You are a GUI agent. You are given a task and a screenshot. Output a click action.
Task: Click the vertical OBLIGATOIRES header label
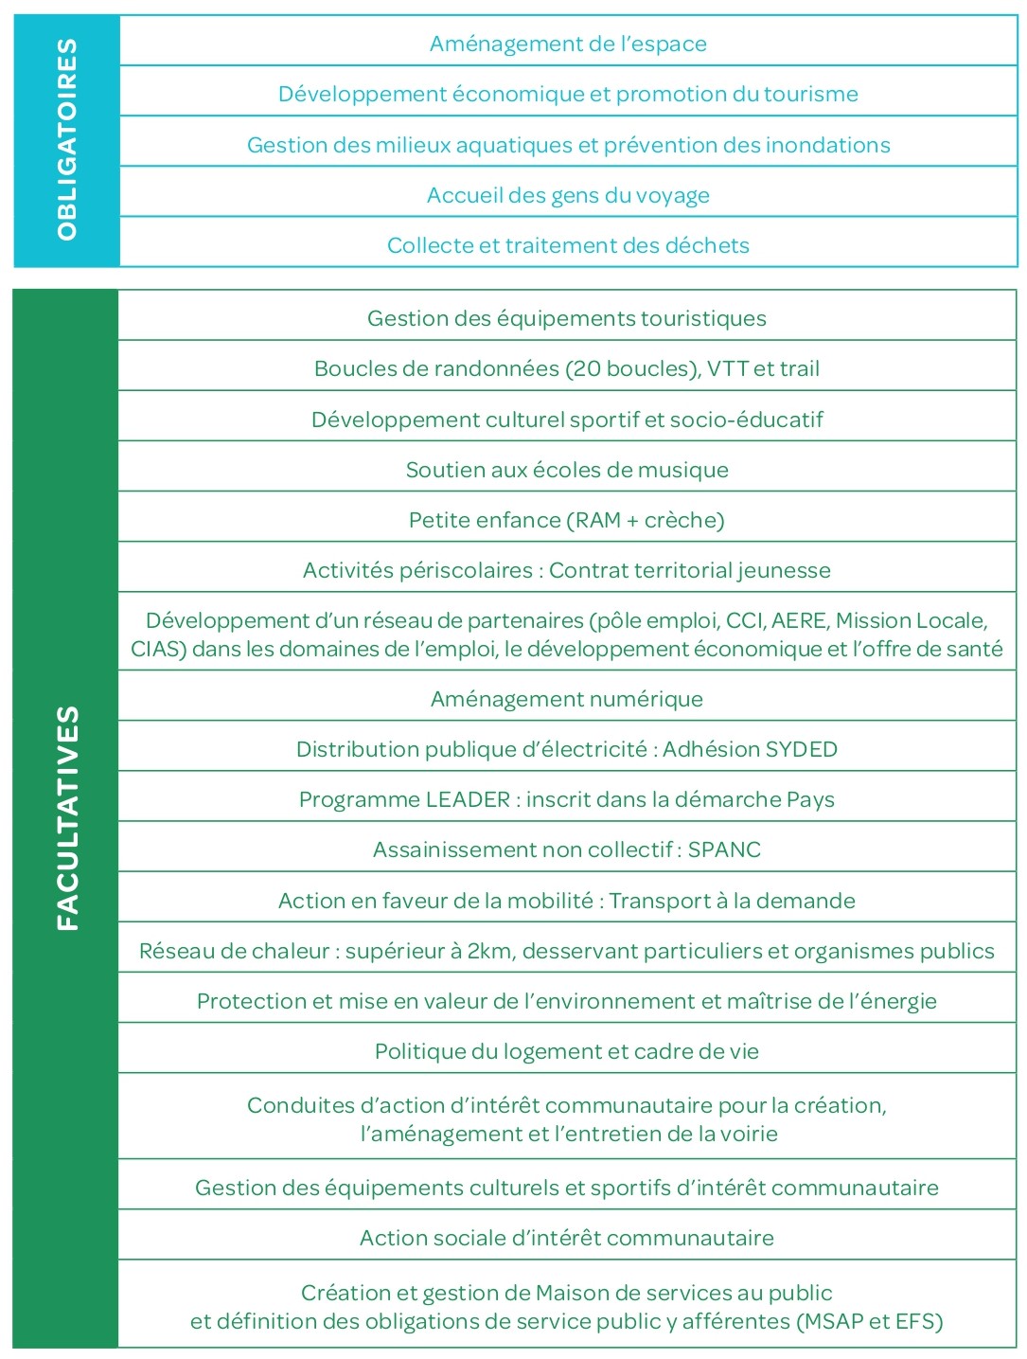coord(66,140)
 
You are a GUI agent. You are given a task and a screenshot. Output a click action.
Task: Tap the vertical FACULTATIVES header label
coord(67,818)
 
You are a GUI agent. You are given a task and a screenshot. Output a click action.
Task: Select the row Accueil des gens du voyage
coord(568,195)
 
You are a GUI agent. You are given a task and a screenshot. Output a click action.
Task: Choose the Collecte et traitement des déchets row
coord(568,245)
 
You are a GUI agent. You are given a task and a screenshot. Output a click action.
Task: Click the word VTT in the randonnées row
coord(727,368)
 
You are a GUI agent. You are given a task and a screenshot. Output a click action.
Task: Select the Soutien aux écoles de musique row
coord(567,470)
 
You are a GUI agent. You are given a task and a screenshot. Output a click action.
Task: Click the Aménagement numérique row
coord(567,699)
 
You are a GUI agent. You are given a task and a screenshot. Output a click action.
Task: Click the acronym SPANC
coord(724,849)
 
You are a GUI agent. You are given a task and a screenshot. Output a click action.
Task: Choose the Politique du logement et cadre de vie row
coord(567,1051)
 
